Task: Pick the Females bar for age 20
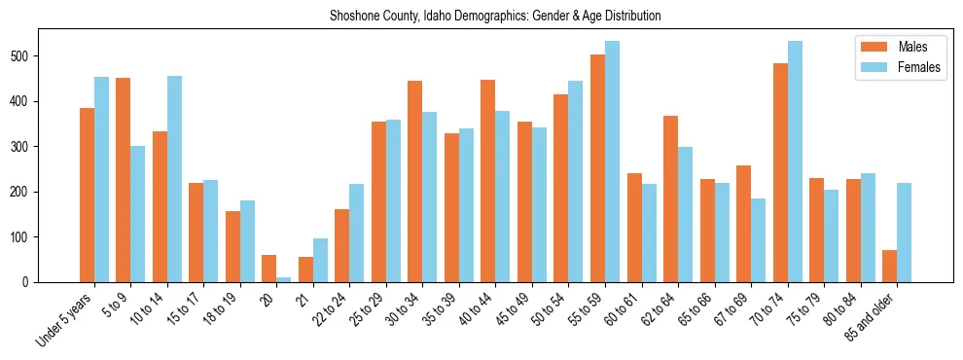284,279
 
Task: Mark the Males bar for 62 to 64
670,198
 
